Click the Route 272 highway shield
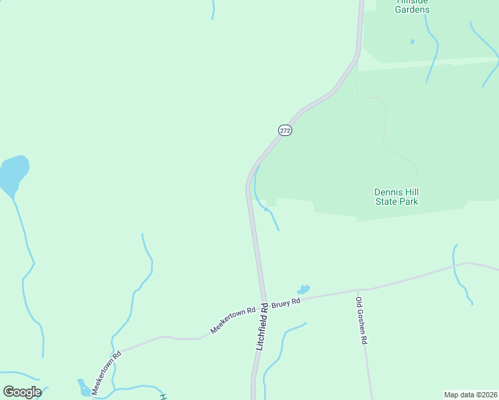[x=285, y=131]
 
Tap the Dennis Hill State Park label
[x=396, y=197]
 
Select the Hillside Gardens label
[x=412, y=6]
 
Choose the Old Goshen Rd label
[x=362, y=321]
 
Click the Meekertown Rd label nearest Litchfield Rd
[x=233, y=321]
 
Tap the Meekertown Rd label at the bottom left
[x=106, y=373]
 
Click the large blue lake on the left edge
[x=13, y=173]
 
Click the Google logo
[x=22, y=392]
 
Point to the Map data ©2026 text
[x=470, y=395]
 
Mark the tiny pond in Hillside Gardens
[x=412, y=42]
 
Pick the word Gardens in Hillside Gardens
[x=412, y=9]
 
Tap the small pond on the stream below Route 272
[x=266, y=209]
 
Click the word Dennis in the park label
[x=388, y=192]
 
